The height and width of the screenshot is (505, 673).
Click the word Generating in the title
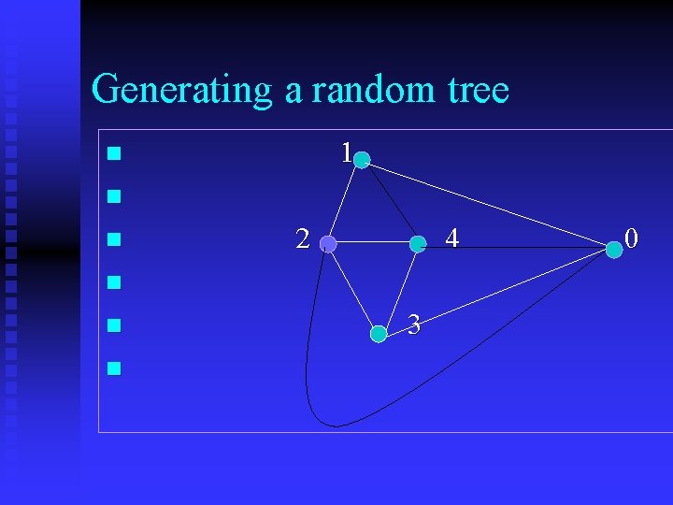point(181,91)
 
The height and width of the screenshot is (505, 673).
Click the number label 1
point(346,152)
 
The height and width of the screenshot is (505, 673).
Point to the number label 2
point(302,239)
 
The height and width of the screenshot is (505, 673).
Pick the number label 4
point(451,239)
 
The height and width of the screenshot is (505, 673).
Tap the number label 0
point(632,239)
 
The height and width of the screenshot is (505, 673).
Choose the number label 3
point(414,325)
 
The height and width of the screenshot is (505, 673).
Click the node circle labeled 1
point(362,160)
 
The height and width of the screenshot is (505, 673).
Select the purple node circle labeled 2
point(327,244)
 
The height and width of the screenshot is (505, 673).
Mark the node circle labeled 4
point(418,244)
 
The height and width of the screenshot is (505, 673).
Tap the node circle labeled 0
point(613,249)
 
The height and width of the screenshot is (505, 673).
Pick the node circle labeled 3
point(379,333)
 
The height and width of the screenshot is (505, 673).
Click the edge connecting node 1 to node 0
point(486,204)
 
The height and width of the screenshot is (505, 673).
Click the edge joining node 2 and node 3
point(352,288)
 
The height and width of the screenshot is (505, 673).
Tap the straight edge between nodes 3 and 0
point(495,291)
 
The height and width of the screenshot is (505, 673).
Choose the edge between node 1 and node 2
point(344,202)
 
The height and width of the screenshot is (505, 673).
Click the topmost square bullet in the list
point(113,153)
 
